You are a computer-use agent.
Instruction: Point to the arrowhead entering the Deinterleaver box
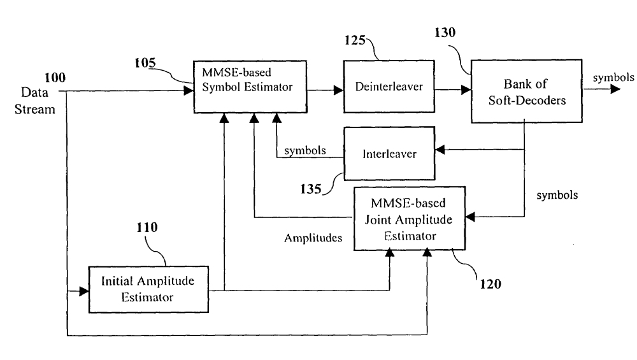[339, 91]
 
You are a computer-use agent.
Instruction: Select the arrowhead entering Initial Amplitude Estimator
[84, 291]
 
